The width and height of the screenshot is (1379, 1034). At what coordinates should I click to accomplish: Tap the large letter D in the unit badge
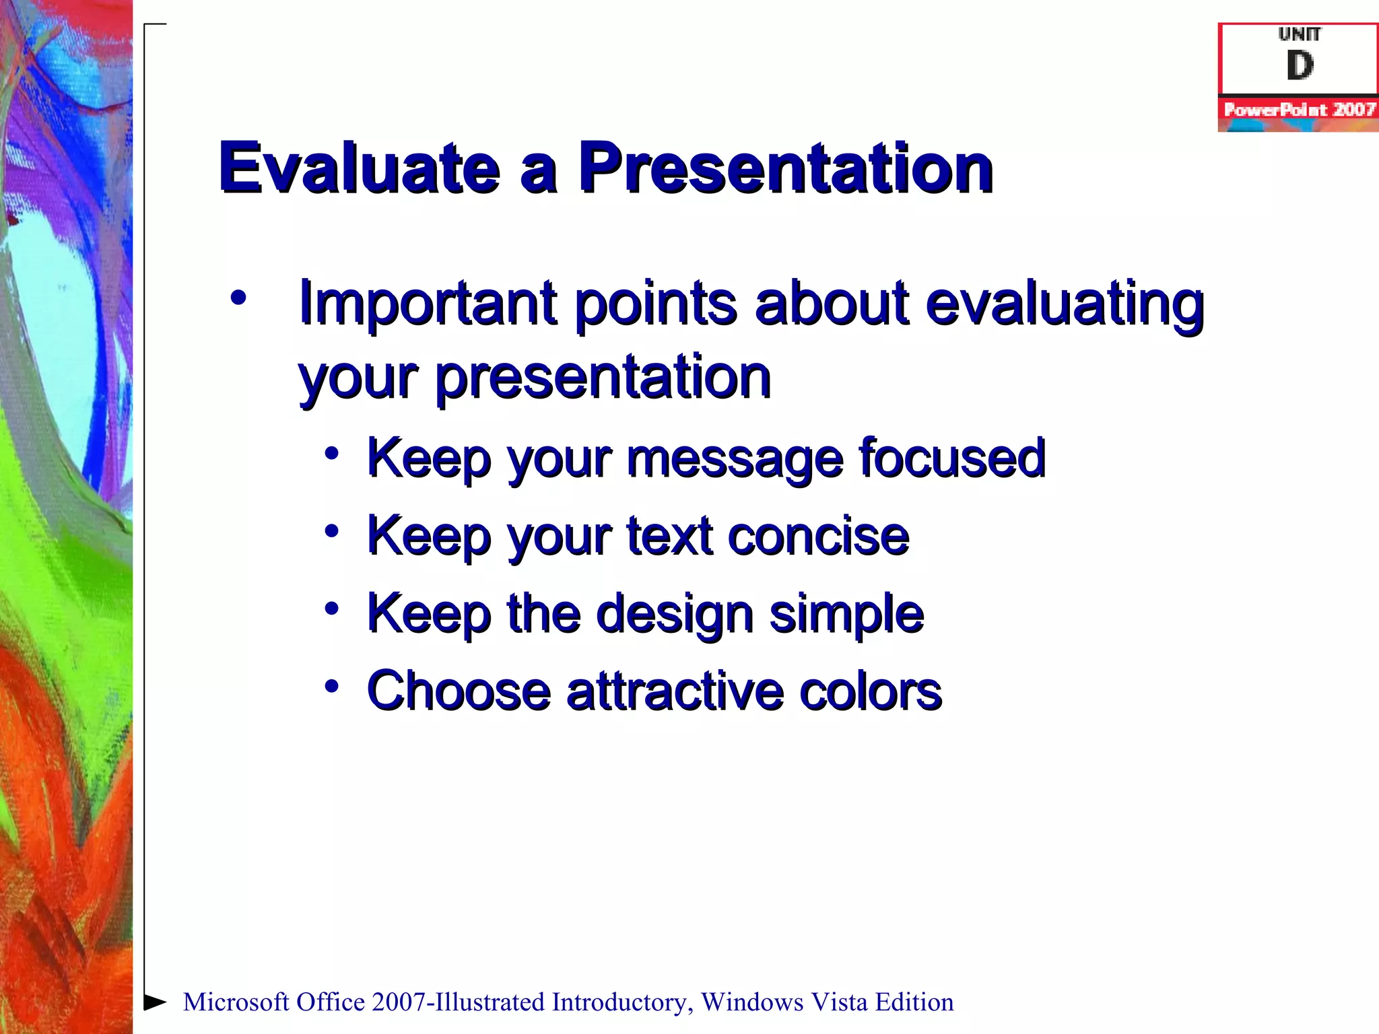click(1300, 66)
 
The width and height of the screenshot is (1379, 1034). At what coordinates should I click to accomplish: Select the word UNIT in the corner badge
click(1300, 34)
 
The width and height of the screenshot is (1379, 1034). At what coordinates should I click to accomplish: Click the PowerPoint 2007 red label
click(1298, 110)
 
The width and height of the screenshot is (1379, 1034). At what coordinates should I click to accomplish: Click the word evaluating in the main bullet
click(1064, 304)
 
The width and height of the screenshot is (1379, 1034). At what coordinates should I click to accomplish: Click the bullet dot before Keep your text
click(331, 531)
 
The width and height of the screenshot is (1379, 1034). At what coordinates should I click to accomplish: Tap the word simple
click(846, 615)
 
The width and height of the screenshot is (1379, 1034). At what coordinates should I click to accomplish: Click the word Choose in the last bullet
click(459, 691)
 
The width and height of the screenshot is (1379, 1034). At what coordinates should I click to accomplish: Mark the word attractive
click(675, 691)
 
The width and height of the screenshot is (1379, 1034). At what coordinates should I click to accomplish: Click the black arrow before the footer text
click(155, 1002)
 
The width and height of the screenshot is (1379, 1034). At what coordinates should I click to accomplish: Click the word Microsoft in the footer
click(236, 1002)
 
